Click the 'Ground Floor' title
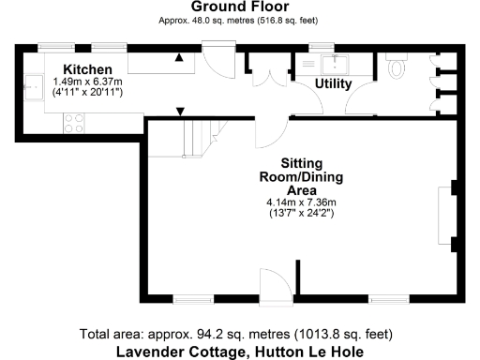[x=239, y=7]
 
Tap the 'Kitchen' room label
[x=87, y=69]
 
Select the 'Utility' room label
[x=333, y=84]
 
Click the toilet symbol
[x=395, y=65]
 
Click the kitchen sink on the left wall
[x=31, y=86]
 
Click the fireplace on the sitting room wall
[x=444, y=216]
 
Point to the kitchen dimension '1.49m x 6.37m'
[x=88, y=82]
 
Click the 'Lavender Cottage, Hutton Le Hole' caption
[x=239, y=351]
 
